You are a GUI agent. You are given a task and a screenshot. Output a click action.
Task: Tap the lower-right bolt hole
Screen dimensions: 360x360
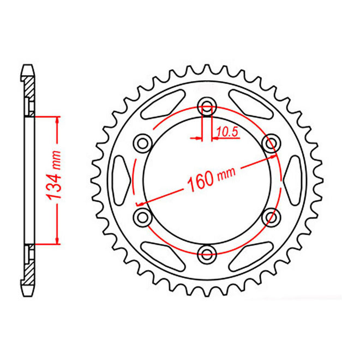pos(269,217)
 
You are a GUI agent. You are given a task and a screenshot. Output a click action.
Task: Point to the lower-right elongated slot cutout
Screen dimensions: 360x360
pos(252,254)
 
